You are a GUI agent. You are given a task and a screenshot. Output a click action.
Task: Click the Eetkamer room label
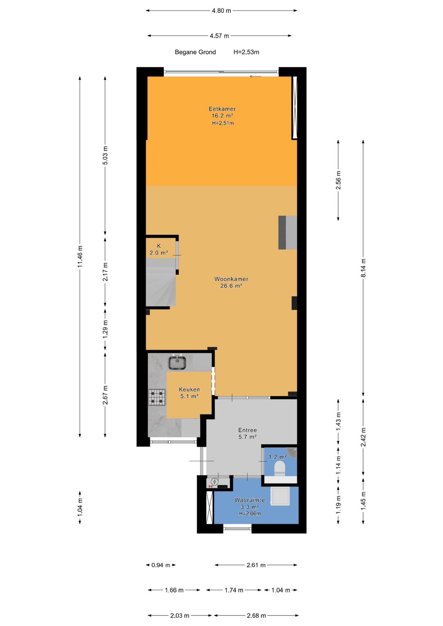[x=222, y=109]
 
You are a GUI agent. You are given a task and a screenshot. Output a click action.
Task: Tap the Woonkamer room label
[x=231, y=279]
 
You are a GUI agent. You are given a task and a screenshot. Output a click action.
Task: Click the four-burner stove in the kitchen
[x=158, y=397]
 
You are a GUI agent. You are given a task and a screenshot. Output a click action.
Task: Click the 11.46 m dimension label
[x=80, y=256]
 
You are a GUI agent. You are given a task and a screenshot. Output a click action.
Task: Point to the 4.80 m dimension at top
[x=221, y=11]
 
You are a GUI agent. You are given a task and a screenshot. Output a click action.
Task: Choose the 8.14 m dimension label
[x=363, y=268]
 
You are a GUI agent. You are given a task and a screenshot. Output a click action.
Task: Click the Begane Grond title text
[x=195, y=52]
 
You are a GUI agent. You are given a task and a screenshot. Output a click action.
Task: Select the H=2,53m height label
[x=247, y=52]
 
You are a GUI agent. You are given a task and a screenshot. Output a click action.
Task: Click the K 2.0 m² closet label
[x=159, y=249]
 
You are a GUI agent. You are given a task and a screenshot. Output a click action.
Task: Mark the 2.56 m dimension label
[x=338, y=180]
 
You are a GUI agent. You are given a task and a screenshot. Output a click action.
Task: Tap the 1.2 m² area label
[x=278, y=457]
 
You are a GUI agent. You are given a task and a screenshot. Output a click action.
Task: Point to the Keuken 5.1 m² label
[x=190, y=393]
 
